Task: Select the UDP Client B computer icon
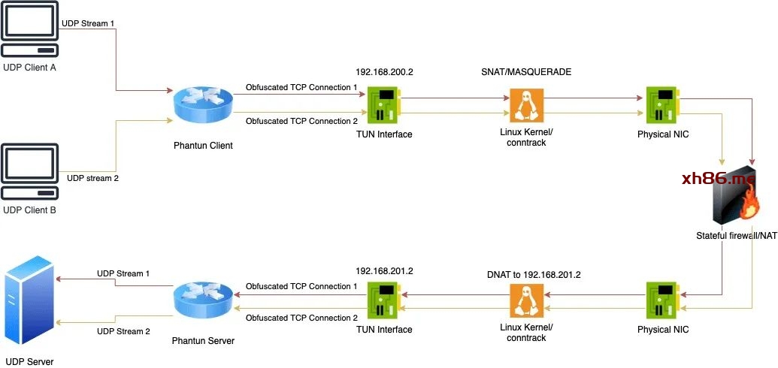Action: [x=29, y=172]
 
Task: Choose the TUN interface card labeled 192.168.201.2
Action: [x=384, y=301]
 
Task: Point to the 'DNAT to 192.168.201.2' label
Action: [x=534, y=276]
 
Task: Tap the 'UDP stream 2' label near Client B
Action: [x=92, y=178]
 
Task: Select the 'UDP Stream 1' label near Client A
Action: [x=88, y=24]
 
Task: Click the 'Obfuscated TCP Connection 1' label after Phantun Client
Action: [x=301, y=88]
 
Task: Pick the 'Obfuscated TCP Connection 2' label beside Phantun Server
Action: [x=301, y=318]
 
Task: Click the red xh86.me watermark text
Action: [x=725, y=179]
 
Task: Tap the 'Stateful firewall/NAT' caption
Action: [x=736, y=236]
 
